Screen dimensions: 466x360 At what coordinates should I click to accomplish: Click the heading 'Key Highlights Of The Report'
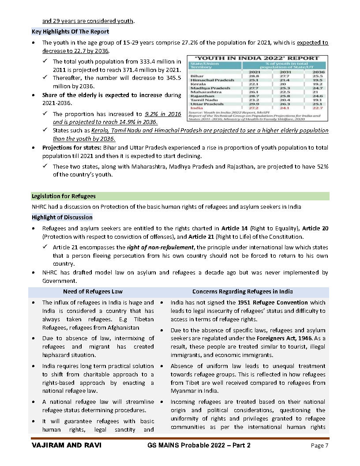click(70, 32)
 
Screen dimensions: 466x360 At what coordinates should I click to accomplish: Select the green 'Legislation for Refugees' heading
click(64, 196)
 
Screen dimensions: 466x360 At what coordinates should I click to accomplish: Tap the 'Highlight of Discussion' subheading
click(62, 217)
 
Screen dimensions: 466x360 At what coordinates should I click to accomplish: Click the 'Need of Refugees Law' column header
click(93, 292)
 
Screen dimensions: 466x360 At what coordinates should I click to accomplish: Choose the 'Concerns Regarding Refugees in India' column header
click(242, 292)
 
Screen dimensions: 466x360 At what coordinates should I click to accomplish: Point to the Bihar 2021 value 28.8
click(255, 76)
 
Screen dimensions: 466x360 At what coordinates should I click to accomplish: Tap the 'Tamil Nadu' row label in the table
click(202, 100)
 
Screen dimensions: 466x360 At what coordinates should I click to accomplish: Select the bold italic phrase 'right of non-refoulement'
click(161, 247)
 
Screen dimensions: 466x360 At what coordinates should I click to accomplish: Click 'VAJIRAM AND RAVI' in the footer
click(66, 445)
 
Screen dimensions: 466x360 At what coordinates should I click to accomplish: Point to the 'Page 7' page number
click(319, 446)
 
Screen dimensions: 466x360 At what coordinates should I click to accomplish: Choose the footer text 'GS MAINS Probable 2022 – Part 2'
click(199, 445)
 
